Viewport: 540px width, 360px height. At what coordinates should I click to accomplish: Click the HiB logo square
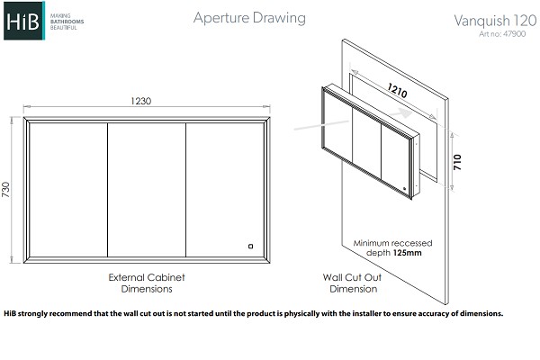point(24,21)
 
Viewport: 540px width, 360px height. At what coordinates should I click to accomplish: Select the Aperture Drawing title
point(249,18)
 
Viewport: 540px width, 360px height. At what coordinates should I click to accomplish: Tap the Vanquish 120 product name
point(495,21)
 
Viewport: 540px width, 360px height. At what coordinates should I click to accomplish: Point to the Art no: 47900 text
point(502,34)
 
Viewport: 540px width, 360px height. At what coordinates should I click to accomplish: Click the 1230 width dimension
point(141,101)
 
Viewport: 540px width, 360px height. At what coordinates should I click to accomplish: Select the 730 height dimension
point(6,190)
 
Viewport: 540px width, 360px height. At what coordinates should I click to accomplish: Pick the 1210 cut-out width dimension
point(398,90)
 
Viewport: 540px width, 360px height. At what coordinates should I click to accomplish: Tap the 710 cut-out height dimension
point(457,162)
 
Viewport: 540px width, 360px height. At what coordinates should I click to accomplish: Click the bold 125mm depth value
point(407,253)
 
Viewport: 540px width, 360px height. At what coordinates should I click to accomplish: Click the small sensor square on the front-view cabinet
point(251,246)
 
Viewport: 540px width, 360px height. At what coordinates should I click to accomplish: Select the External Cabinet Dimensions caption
point(147,283)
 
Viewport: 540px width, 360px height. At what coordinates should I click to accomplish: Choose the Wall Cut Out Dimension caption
point(353,283)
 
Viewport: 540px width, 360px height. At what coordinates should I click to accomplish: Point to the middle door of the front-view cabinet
point(147,190)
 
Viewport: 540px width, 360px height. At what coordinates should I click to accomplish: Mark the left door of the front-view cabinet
point(68,190)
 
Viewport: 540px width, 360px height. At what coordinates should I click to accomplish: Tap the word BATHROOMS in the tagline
point(67,22)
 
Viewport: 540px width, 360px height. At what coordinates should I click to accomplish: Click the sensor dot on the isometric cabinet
point(405,188)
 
